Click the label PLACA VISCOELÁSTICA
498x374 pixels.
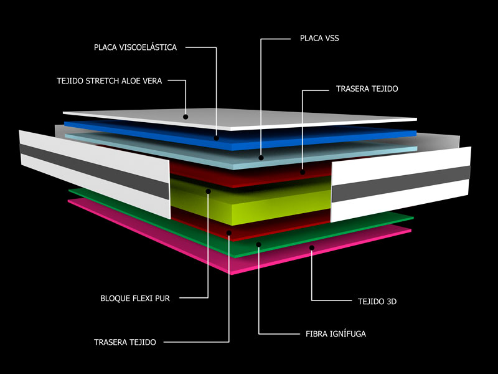click(135, 47)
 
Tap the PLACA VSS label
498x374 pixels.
click(319, 38)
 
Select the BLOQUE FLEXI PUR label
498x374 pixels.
click(135, 299)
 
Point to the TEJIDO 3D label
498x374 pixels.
click(377, 302)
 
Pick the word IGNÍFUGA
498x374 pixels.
click(347, 334)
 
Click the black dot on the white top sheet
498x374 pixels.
click(186, 117)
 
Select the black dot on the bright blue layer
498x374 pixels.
click(216, 138)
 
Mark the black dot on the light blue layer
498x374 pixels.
click(261, 158)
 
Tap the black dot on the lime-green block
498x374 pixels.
click(209, 191)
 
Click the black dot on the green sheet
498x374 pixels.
click(259, 244)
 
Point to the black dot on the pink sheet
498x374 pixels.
click(312, 247)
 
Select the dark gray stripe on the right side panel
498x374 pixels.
click(401, 184)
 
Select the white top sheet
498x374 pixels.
click(240, 119)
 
